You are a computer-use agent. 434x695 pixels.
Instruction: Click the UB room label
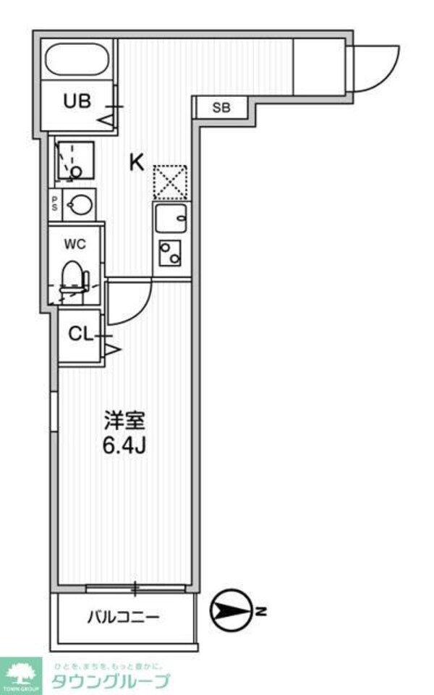click(76, 101)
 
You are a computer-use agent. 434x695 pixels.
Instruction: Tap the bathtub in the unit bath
click(77, 60)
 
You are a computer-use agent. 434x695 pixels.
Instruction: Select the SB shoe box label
click(221, 109)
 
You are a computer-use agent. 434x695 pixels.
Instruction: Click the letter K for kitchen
click(136, 162)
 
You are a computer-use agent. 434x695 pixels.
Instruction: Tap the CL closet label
click(80, 334)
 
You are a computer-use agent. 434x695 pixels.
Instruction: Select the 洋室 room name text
click(126, 420)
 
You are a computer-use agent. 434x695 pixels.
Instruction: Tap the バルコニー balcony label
click(124, 618)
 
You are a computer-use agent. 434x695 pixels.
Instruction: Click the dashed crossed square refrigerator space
click(170, 182)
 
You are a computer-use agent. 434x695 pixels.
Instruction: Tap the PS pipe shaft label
click(54, 203)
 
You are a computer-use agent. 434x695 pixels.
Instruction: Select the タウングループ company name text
click(110, 681)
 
